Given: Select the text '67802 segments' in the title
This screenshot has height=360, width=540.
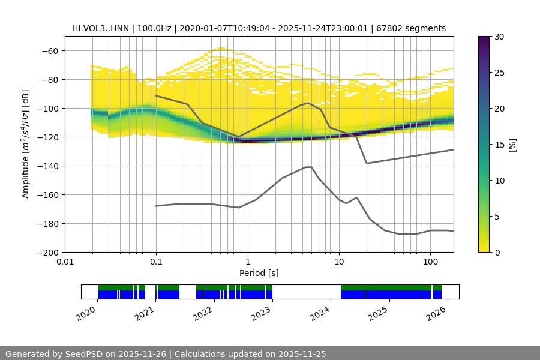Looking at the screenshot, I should (x=415, y=28).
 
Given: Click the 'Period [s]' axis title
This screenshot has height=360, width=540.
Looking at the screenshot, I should (x=259, y=273).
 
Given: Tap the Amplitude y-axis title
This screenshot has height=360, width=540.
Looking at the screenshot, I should (x=26, y=144).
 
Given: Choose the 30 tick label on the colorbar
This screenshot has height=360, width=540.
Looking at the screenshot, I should (x=499, y=37).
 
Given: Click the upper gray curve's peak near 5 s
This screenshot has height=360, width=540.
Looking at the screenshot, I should (x=308, y=103).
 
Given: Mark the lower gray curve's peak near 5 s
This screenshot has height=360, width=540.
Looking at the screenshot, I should (x=308, y=167).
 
